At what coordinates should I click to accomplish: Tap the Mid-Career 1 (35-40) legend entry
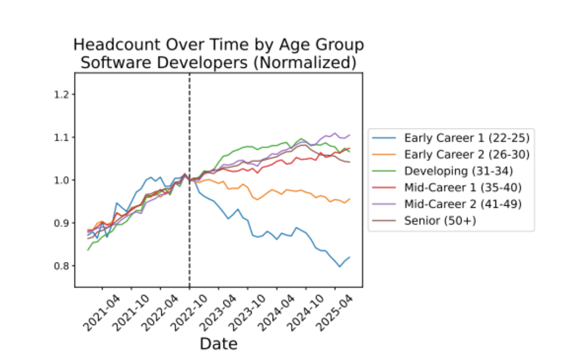tap(461, 187)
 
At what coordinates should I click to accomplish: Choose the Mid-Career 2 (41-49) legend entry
tap(461, 204)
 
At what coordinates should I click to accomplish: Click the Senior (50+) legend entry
tap(440, 221)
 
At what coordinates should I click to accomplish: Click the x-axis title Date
tap(218, 343)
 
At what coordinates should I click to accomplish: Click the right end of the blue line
tap(350, 257)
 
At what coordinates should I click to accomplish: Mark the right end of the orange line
tap(350, 199)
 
